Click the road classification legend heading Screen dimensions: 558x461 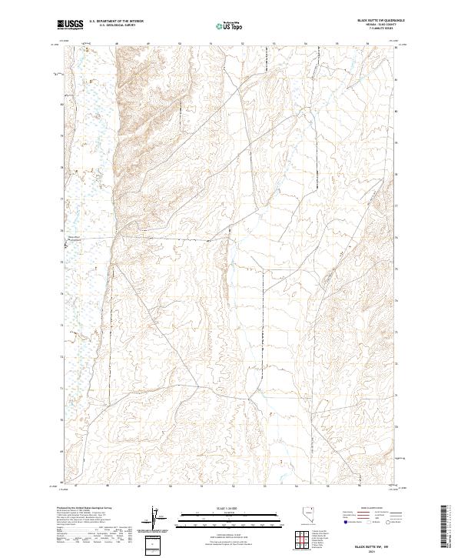(x=361, y=509)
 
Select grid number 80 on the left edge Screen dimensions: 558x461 (x=61, y=104)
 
